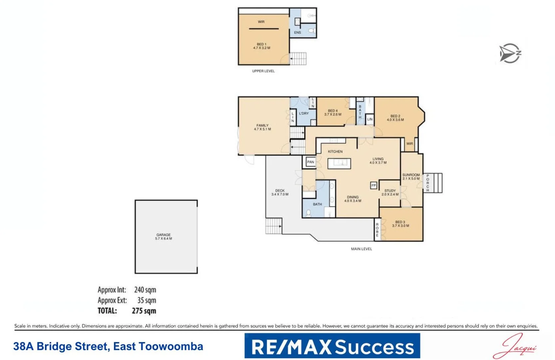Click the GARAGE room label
coord(163,237)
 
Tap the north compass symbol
coord(510,53)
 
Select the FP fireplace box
coord(373,185)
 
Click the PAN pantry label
coord(310,162)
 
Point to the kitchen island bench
coord(339,163)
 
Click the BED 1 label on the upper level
coord(262,46)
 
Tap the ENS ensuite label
coord(297,33)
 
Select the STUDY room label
coord(390,192)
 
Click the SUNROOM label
coord(411,176)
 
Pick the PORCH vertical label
coord(428,183)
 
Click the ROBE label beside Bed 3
coord(377,230)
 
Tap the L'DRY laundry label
coord(304,113)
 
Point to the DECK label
coord(280,192)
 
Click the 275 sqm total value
coord(144,311)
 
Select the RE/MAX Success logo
coord(332,346)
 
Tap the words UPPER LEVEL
coord(263,71)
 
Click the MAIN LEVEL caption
coord(361,249)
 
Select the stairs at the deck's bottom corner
coord(274,226)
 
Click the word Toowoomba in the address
coord(171,346)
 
